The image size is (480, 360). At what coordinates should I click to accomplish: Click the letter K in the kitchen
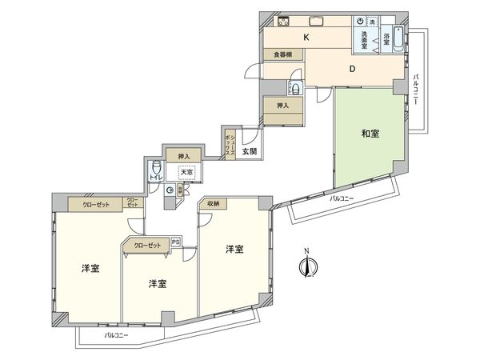[x=306, y=38]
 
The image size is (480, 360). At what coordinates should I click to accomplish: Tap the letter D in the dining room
[x=351, y=69]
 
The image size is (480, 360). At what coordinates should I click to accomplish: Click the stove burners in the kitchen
[x=282, y=22]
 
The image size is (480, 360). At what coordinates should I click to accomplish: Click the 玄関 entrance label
[x=249, y=150]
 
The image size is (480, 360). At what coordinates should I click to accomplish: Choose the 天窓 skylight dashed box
[x=187, y=171]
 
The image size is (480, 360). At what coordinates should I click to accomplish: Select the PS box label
[x=176, y=241]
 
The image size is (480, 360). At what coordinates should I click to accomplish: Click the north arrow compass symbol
[x=306, y=265]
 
